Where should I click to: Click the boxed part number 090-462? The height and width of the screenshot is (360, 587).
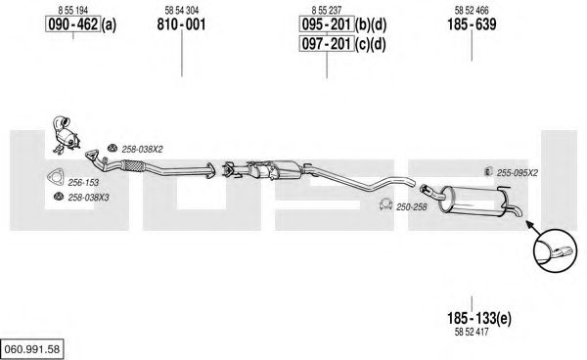tap(73, 24)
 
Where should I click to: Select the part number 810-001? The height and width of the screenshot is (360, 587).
tap(181, 24)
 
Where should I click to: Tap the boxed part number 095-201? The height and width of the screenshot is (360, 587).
tap(327, 24)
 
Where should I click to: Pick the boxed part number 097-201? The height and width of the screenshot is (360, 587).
tap(327, 44)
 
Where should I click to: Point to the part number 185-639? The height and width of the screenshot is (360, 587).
tap(472, 24)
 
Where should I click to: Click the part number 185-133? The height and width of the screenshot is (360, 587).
tap(473, 318)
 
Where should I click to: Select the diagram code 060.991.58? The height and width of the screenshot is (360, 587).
tap(32, 349)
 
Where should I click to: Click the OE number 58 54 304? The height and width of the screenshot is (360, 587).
tap(182, 10)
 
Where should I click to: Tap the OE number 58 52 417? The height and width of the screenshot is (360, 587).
tap(472, 332)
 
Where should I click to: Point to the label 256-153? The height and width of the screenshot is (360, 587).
tap(83, 183)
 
